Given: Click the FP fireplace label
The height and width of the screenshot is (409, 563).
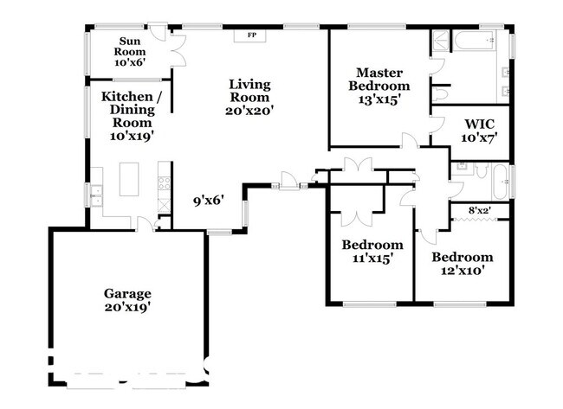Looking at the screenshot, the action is coord(252,35).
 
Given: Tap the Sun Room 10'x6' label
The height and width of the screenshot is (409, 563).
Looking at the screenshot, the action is coord(130,52).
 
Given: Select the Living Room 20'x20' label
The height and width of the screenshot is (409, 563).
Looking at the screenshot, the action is coord(249,97).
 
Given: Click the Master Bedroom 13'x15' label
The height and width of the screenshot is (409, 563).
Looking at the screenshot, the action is coord(379,86).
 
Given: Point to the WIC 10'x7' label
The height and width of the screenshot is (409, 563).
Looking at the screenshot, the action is coord(479,131).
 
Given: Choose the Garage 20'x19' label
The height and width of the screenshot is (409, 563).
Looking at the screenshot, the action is coord(127,300).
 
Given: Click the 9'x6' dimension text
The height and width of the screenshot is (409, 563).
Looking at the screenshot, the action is coord(209,201).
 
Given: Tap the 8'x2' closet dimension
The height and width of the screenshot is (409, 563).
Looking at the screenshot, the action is coord(479,211).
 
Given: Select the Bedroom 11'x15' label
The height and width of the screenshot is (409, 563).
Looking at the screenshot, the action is coord(372,252).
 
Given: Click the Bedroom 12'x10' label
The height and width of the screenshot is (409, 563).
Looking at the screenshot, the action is coord(463,264).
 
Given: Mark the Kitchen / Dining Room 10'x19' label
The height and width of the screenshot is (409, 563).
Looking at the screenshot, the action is coord(132,116).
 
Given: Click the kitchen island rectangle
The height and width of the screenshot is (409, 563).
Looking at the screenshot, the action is coord(129,179).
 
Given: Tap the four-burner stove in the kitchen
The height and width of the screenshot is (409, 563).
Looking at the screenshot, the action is coord(164,182).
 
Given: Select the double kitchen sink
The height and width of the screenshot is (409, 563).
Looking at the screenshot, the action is coord(96,195).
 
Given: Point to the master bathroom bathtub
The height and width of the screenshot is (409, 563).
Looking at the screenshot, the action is coord(475,40).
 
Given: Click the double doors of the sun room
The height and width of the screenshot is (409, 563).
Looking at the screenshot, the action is coord(178,50).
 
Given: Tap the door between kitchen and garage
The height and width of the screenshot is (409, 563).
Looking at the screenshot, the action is coord(146,224).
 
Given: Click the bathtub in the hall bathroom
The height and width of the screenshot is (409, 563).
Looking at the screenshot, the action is coord(501,182).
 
